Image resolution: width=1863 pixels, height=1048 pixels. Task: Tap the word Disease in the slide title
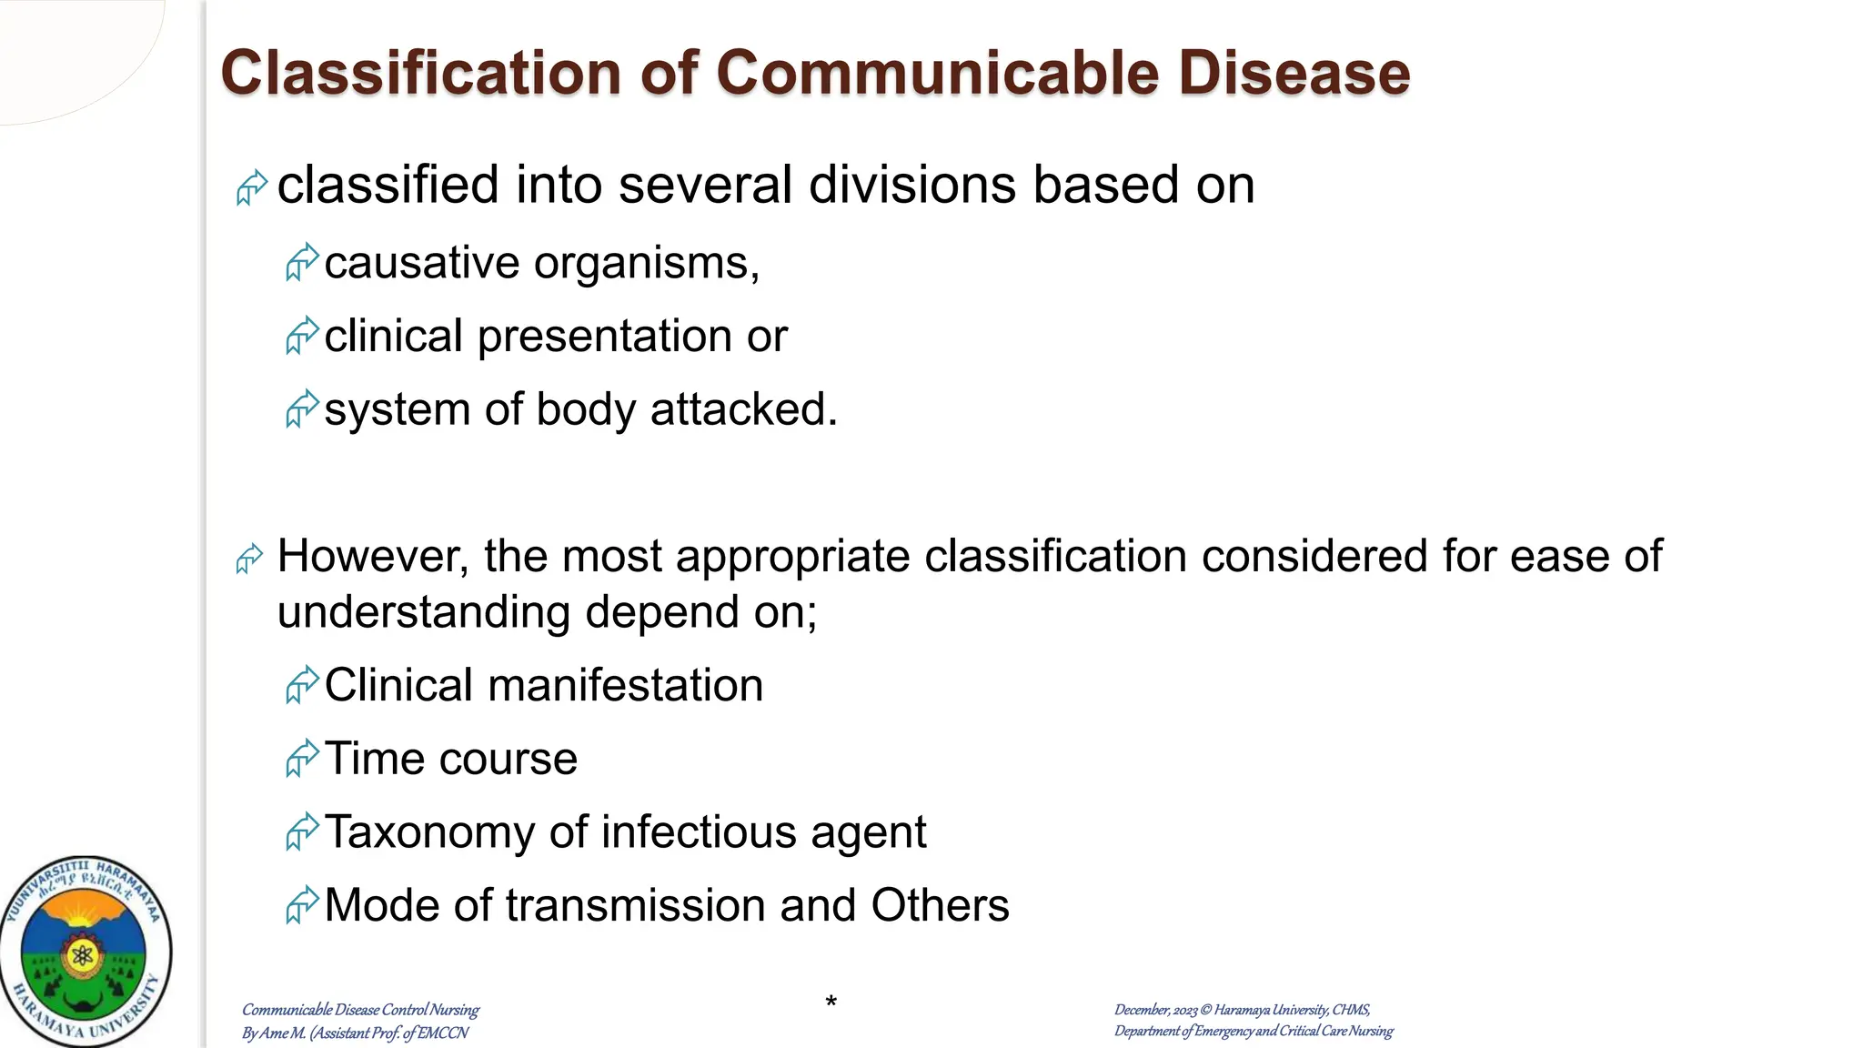(1294, 73)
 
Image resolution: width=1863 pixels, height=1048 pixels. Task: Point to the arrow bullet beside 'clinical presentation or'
(301, 336)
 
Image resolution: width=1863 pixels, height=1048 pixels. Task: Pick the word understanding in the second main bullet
(424, 612)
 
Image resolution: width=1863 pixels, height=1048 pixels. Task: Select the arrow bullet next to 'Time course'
(301, 758)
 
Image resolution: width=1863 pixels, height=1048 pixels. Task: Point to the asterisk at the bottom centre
(831, 1003)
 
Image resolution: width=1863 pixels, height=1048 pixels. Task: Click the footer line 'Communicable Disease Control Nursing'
(360, 1010)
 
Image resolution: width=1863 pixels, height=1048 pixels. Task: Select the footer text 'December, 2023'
(1155, 1010)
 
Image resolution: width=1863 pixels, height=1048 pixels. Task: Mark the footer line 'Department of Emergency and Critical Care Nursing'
(1254, 1032)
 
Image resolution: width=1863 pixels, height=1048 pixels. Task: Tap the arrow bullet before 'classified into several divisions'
(251, 187)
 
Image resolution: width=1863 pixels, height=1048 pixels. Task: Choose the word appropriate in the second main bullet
(792, 557)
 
